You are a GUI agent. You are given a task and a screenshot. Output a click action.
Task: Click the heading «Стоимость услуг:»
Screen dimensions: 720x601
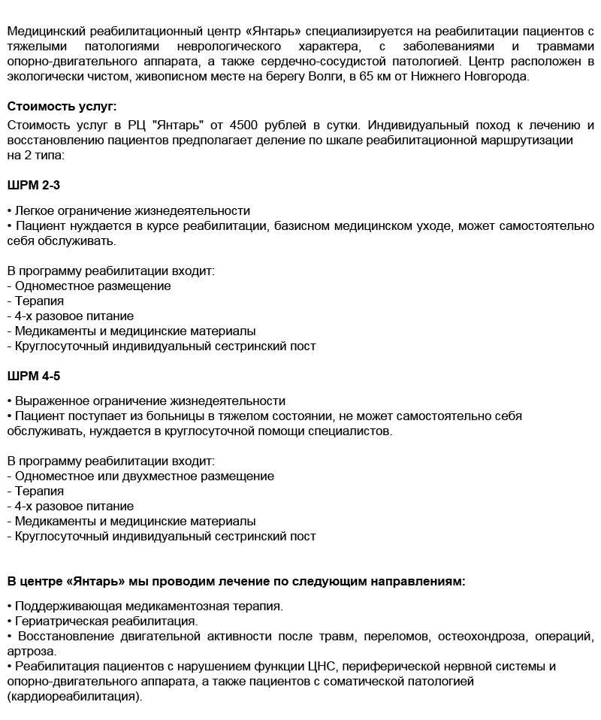62,106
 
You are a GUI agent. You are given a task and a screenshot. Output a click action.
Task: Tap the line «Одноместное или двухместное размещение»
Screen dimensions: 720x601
143,476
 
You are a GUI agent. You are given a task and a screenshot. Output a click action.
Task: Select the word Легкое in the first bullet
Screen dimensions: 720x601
35,211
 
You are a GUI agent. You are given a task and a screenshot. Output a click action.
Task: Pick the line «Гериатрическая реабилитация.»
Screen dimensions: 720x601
106,622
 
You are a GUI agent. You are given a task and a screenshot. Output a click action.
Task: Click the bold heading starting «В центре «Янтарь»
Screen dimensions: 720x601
236,581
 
